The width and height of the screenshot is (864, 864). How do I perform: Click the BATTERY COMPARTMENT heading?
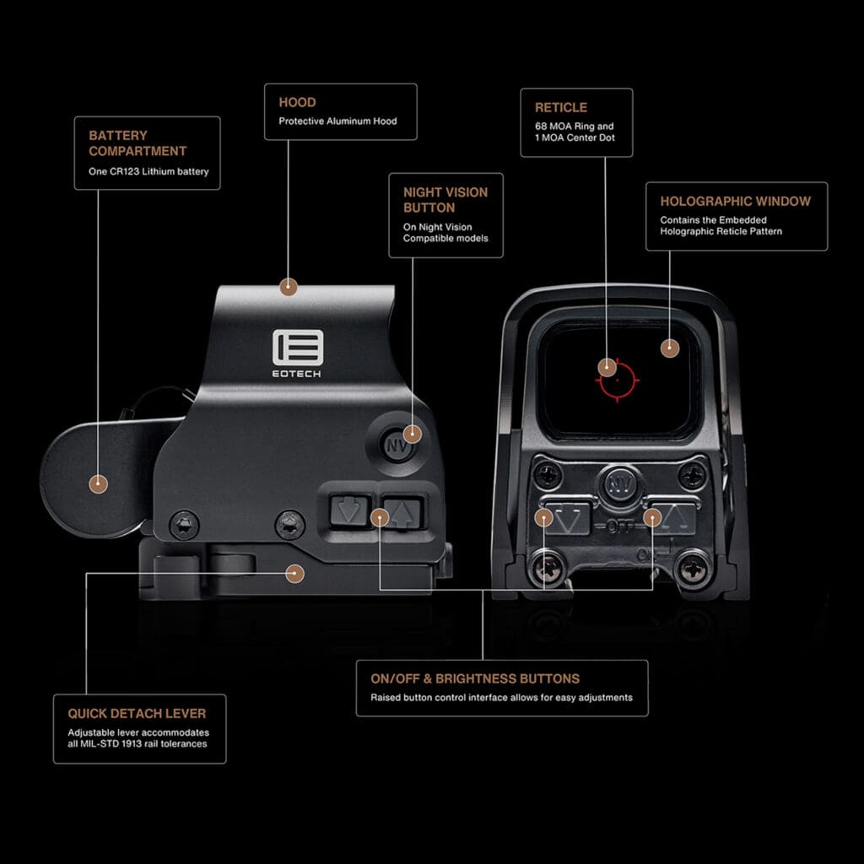tap(138, 143)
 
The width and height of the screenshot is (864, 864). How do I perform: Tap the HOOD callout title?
tap(297, 102)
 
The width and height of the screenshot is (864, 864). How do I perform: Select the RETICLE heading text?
tap(560, 107)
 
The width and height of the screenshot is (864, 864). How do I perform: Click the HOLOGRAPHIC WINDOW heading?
tap(735, 201)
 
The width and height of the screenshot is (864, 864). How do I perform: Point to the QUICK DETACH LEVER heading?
tap(136, 714)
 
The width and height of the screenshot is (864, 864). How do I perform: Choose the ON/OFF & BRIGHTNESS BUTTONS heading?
tap(475, 678)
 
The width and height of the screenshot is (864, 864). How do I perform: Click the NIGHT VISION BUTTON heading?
tap(445, 200)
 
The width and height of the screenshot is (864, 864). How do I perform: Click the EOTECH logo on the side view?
tap(298, 353)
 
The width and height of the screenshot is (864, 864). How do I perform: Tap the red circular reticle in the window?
tap(618, 380)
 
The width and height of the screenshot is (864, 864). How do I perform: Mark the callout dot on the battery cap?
tap(99, 483)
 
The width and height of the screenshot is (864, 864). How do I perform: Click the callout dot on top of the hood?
tap(289, 287)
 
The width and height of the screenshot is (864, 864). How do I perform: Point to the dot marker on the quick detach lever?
tap(294, 573)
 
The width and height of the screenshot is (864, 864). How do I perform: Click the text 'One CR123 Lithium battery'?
tap(148, 172)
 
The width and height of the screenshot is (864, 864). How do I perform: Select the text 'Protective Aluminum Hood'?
tap(337, 121)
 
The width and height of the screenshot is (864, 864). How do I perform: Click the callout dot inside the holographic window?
tap(669, 348)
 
